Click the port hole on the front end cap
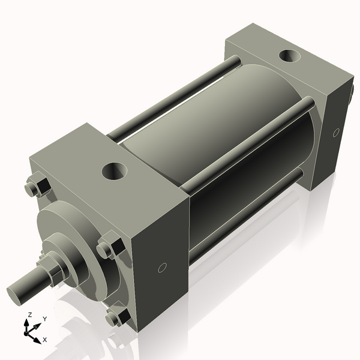114,172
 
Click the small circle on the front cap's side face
161,268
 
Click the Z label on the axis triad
29,314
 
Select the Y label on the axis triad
45,319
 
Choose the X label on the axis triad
44,340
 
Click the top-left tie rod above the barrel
174,96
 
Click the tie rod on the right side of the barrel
252,144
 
